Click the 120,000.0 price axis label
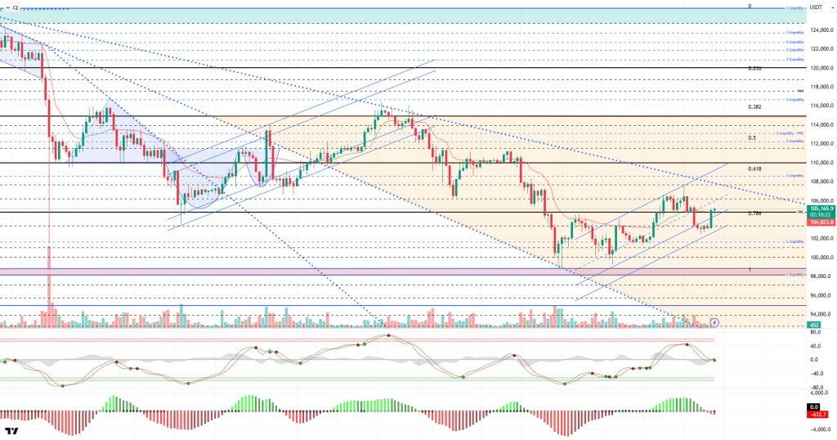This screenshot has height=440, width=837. [821, 68]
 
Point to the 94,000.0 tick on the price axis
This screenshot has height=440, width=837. [820, 314]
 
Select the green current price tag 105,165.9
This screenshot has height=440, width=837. [821, 209]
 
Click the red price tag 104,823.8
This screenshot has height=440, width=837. [821, 222]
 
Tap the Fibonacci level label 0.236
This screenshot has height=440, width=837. [754, 69]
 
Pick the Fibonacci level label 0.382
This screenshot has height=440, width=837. [754, 107]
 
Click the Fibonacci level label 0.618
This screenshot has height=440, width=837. [754, 168]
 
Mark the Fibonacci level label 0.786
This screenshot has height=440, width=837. [754, 213]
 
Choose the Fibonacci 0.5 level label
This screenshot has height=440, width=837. [751, 138]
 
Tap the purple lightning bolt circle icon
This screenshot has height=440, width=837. [715, 323]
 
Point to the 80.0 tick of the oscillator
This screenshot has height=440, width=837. [815, 332]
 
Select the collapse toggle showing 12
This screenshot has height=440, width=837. [12, 7]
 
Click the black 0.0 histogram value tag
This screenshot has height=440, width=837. [812, 406]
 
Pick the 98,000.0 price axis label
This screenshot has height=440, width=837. [820, 276]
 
